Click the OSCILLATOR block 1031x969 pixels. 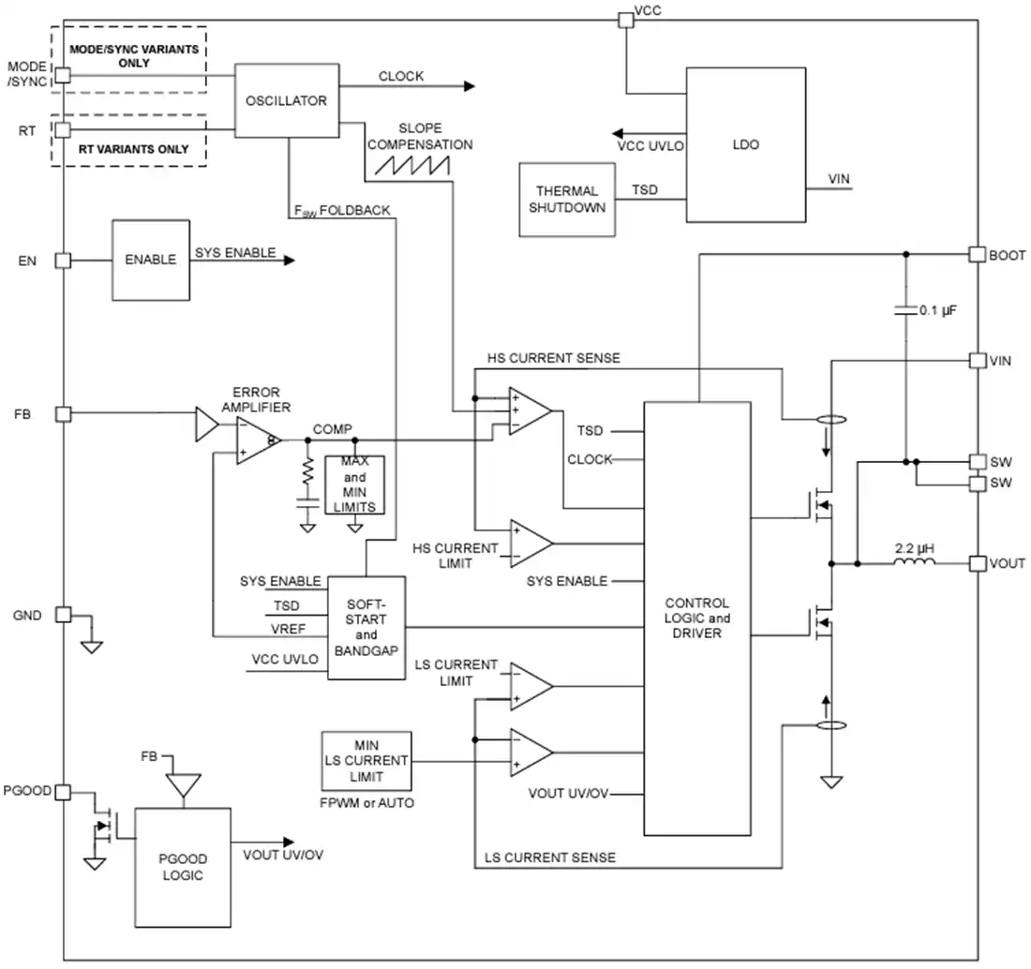click(287, 100)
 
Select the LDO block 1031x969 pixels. click(746, 144)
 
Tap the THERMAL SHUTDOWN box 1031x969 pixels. click(567, 200)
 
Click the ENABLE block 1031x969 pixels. click(151, 261)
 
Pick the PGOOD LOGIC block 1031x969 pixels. click(183, 868)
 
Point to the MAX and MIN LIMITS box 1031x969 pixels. click(354, 485)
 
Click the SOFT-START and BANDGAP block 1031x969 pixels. click(366, 628)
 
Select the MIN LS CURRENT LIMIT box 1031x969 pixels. click(366, 761)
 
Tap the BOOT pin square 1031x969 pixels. click(977, 254)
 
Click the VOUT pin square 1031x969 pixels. click(978, 563)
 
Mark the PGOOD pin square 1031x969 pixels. click(63, 792)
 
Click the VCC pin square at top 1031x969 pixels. click(626, 21)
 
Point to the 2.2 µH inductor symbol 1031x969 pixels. click(914, 561)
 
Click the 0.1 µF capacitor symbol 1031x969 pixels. click(905, 309)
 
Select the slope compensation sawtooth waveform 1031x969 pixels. click(412, 165)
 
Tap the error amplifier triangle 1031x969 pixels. click(259, 440)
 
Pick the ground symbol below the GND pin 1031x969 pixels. click(92, 647)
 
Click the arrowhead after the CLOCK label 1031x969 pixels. click(470, 86)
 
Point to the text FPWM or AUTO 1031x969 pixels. click(366, 803)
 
